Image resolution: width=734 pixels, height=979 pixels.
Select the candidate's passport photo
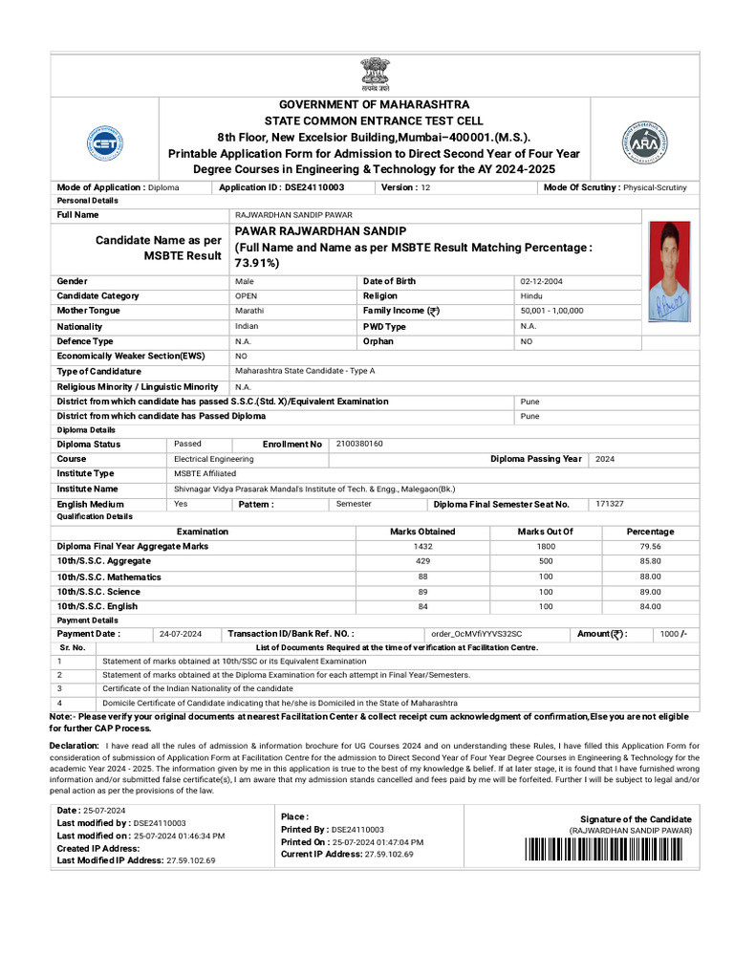675,271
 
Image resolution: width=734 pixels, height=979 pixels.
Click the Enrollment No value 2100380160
360,445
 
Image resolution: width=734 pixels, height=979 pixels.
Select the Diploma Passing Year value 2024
605,459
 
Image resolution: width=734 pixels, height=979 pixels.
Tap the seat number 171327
609,503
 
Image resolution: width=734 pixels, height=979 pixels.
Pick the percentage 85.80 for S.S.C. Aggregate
650,561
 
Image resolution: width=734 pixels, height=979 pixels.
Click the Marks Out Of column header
545,532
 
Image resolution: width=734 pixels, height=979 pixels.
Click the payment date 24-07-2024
181,634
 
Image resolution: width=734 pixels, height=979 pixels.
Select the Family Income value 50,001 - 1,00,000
551,311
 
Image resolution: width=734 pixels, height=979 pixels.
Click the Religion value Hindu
530,296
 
